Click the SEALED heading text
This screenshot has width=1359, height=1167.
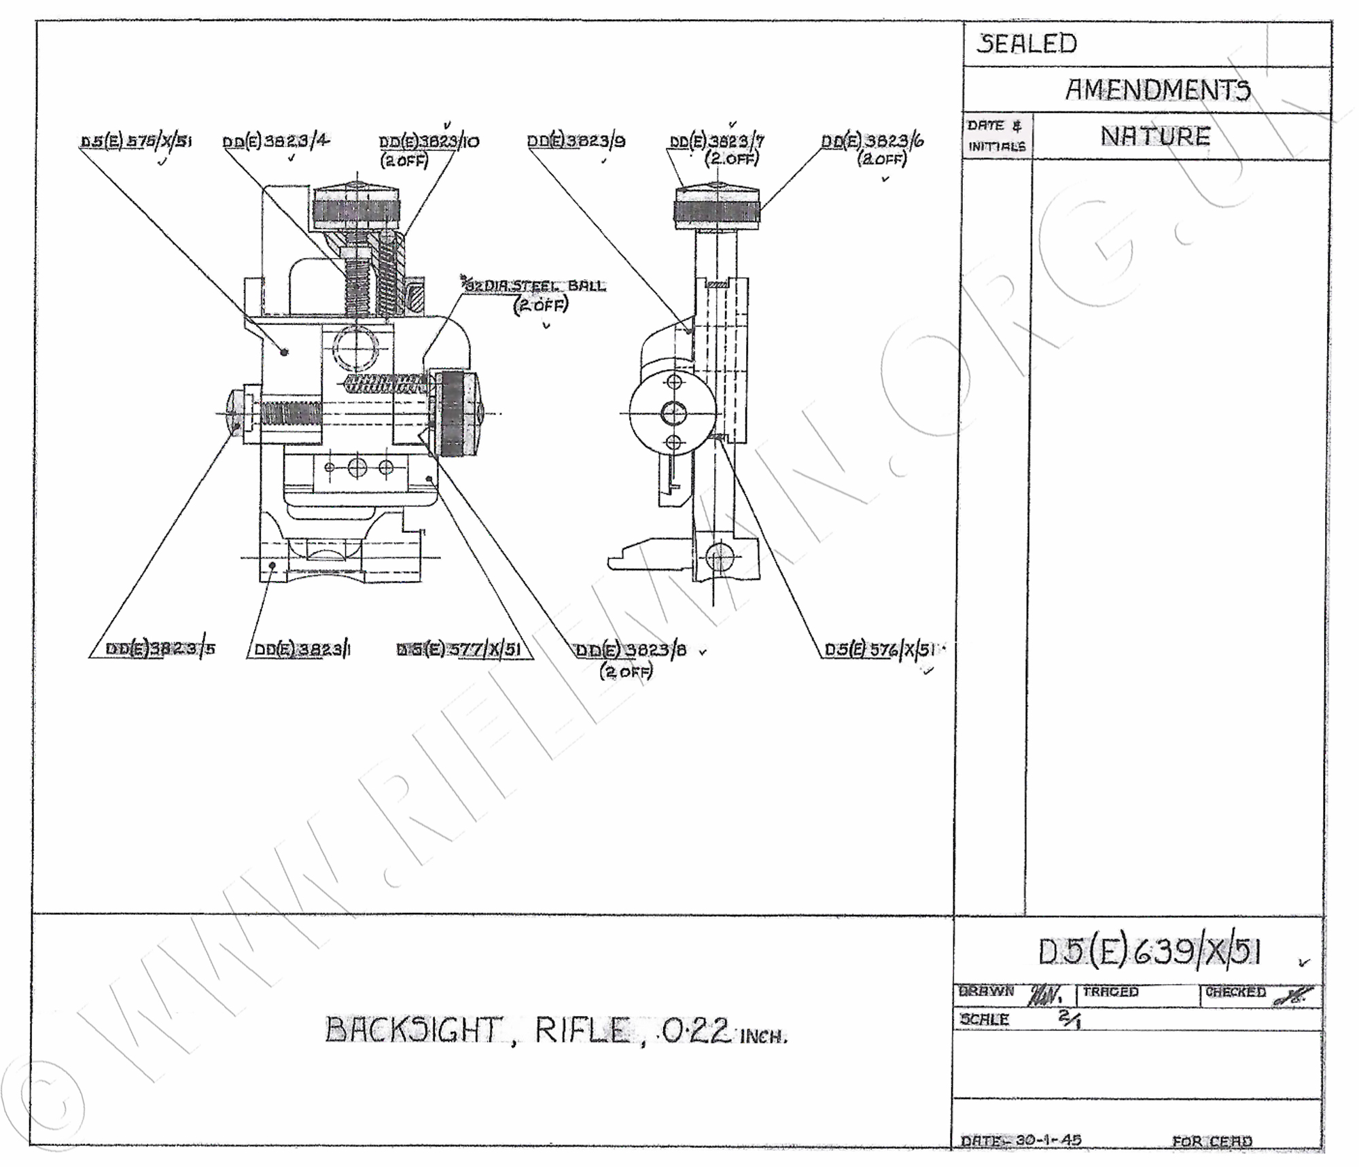[1027, 44]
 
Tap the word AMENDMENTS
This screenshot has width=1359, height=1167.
[1157, 90]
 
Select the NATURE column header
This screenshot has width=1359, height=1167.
[1155, 137]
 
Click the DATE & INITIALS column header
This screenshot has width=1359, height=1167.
[996, 136]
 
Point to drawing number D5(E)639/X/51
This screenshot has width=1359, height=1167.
[1149, 952]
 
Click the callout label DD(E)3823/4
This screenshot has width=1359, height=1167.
[276, 141]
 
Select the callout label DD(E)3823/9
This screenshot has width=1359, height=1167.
[576, 141]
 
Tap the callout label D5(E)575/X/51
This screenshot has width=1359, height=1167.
[136, 141]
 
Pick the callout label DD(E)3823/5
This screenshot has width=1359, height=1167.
[160, 649]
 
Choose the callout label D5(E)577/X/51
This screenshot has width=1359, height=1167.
[459, 650]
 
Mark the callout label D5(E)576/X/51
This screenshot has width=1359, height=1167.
[880, 650]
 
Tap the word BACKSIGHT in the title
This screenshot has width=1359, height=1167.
[413, 1030]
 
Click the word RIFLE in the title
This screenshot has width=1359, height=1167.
[581, 1030]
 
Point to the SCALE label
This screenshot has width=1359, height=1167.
[985, 1020]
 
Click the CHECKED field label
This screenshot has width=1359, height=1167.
[1235, 992]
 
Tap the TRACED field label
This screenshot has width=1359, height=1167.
[1110, 992]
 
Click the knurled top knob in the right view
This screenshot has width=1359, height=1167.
[716, 208]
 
